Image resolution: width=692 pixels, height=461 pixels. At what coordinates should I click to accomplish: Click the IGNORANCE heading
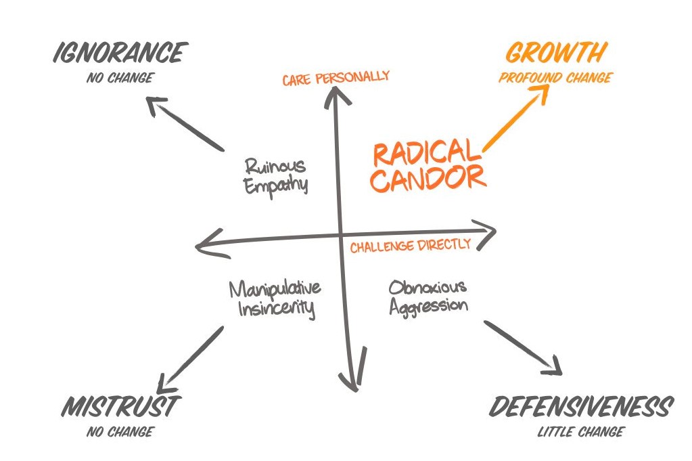120,53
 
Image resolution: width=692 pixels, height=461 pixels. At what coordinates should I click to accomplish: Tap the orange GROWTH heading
556,53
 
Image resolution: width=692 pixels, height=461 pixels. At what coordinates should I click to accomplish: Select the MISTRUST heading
120,407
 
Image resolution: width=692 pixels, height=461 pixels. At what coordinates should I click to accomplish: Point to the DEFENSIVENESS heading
580,408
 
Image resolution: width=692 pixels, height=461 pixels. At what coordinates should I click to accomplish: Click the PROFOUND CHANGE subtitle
555,77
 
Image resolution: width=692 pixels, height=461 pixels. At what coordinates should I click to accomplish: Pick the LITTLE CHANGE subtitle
580,432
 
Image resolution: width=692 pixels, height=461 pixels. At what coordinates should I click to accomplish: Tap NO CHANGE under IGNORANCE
119,77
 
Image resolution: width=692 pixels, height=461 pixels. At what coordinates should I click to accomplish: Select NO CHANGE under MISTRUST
120,431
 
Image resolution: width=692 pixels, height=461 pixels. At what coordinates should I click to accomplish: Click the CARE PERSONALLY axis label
336,77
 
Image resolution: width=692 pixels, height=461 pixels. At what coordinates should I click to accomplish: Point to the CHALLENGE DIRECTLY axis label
410,245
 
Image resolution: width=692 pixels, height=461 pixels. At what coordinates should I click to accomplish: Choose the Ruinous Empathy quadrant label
276,175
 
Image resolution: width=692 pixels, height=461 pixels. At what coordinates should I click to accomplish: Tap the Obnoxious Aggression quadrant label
428,295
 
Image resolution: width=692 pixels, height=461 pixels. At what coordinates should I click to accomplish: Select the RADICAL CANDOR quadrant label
429,165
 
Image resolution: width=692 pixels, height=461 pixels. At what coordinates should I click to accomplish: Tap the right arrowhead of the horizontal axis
488,230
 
